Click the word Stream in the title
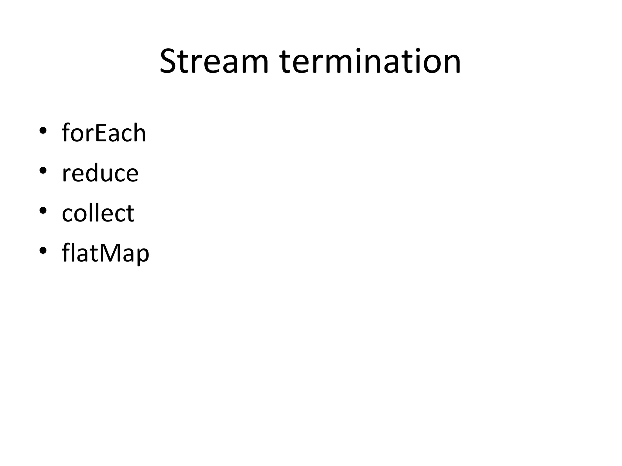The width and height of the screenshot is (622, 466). (x=214, y=62)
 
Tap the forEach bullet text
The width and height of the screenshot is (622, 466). (x=104, y=133)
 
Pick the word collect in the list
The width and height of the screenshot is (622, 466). (x=98, y=213)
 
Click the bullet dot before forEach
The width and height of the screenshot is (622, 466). (x=43, y=130)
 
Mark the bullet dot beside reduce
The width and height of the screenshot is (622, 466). (x=43, y=171)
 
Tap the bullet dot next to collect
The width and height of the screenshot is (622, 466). (x=43, y=211)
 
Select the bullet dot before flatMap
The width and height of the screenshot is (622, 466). (x=43, y=251)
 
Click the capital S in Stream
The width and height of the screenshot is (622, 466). (x=169, y=62)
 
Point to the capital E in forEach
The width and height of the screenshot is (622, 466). (x=101, y=133)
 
